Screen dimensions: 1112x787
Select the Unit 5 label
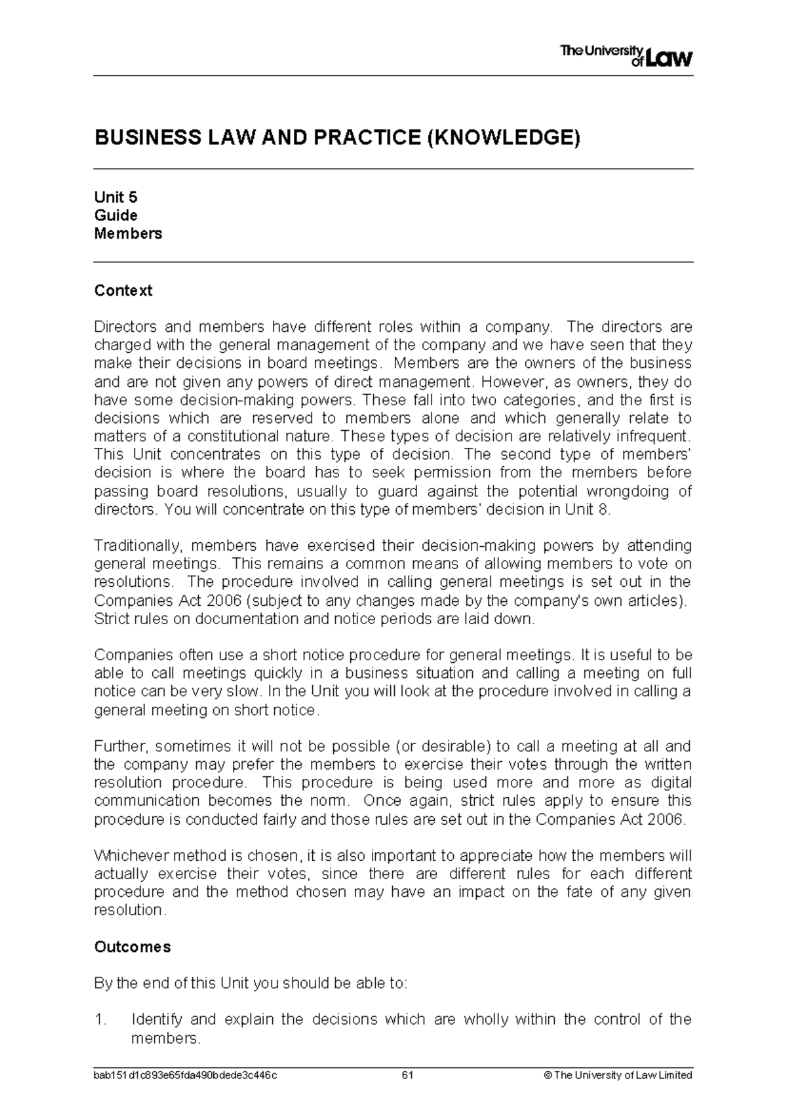(x=115, y=197)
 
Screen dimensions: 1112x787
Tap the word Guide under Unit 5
(x=115, y=216)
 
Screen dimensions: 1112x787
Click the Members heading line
(x=128, y=233)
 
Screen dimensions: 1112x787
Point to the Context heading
(x=123, y=290)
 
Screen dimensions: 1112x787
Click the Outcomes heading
(x=132, y=947)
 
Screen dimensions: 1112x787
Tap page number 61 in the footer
(x=407, y=1075)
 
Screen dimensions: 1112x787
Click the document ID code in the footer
(x=186, y=1075)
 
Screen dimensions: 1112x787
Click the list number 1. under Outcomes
(x=100, y=1020)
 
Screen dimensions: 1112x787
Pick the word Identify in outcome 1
(x=155, y=1020)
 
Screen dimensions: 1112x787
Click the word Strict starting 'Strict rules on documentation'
(x=111, y=618)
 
